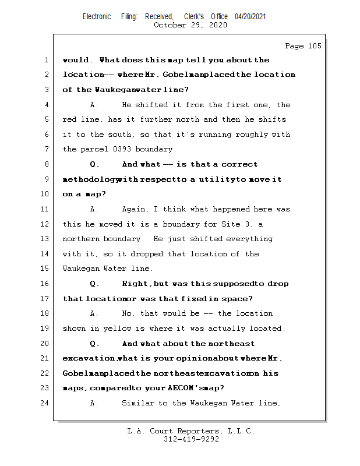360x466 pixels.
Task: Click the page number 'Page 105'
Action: point(303,46)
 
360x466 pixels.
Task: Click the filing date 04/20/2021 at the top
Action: point(250,17)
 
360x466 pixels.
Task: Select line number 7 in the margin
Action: point(47,149)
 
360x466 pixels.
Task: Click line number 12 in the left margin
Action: point(45,224)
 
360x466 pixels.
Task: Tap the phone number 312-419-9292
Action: point(191,440)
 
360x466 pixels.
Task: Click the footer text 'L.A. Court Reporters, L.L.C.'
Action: point(190,431)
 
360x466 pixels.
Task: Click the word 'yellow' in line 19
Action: point(118,329)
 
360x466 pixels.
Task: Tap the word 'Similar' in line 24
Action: point(140,403)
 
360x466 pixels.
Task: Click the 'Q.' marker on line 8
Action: point(95,164)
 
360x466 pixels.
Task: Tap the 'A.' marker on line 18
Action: point(95,313)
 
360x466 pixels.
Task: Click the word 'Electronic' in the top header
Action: point(97,17)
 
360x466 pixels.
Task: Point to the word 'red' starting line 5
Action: point(70,119)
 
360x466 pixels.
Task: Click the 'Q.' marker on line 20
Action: point(95,344)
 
